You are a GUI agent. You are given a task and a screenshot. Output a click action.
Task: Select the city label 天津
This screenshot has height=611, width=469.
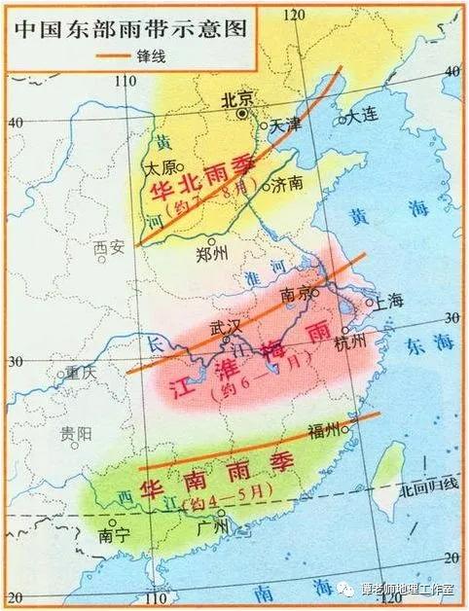point(285,125)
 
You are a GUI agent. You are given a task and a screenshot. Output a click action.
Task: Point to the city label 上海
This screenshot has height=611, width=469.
point(387,301)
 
